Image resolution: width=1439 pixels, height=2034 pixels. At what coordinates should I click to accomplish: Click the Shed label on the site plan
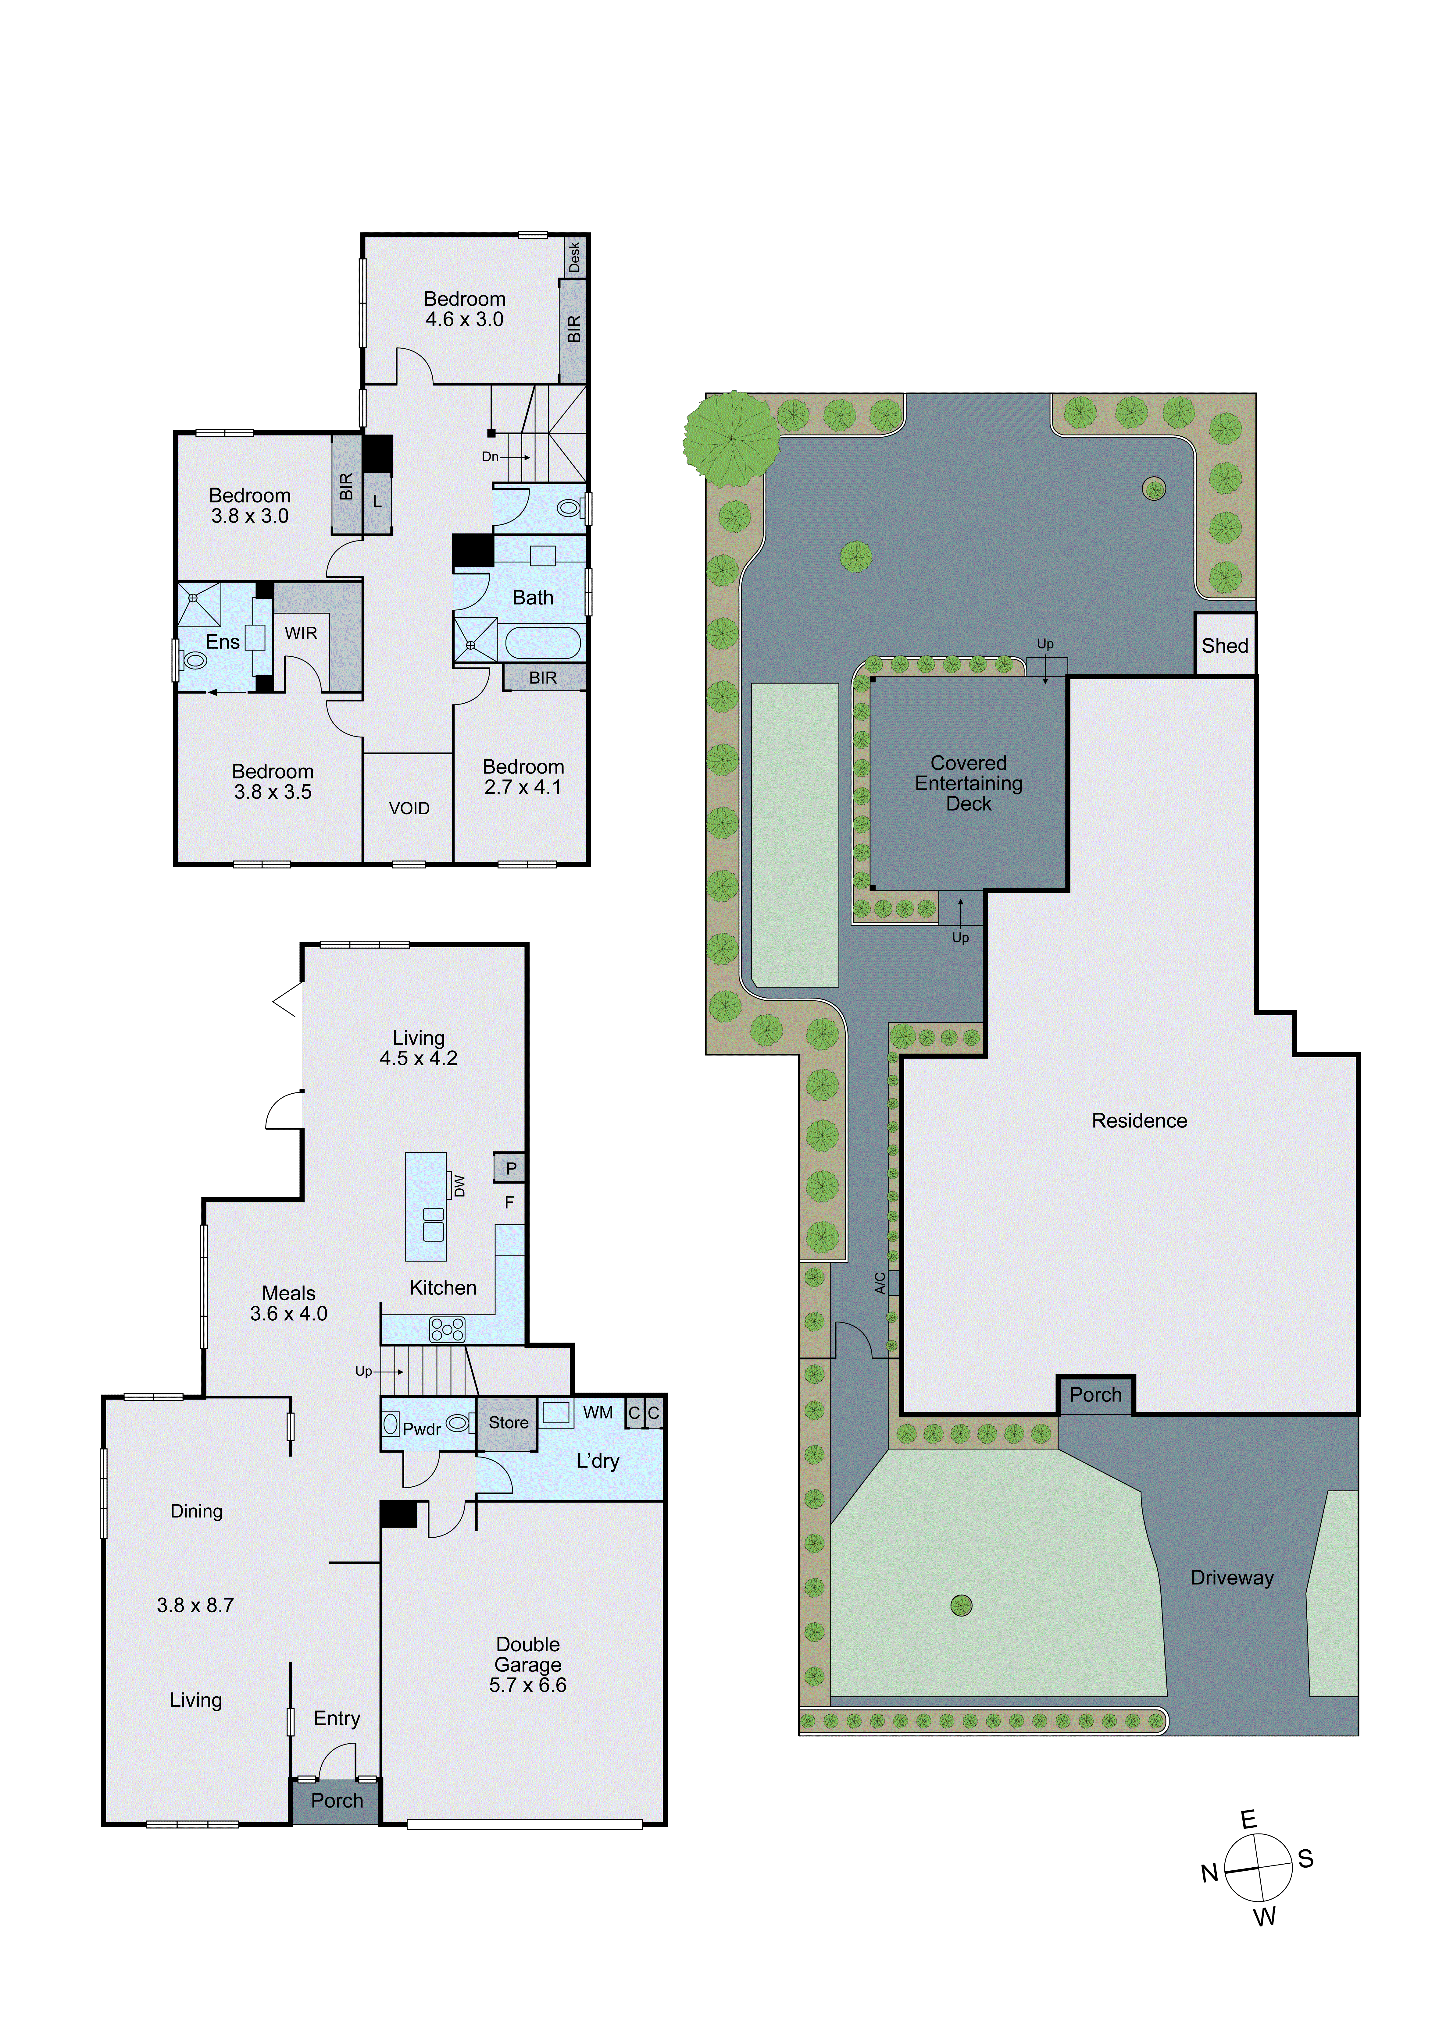(x=1225, y=646)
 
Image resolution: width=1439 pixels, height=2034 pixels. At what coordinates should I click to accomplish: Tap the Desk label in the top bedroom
(x=574, y=257)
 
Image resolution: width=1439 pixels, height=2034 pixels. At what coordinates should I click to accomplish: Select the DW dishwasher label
(x=459, y=1185)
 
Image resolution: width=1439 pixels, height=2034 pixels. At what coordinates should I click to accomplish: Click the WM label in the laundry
(x=598, y=1413)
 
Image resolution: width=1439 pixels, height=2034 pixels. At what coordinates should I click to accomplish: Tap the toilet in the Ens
(x=194, y=661)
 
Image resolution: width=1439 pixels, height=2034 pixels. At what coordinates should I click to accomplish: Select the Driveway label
(x=1232, y=1578)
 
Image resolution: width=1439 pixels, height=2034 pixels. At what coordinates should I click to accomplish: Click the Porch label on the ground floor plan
(x=337, y=1801)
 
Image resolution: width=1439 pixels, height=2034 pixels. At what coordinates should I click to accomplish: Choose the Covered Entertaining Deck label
(x=969, y=783)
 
